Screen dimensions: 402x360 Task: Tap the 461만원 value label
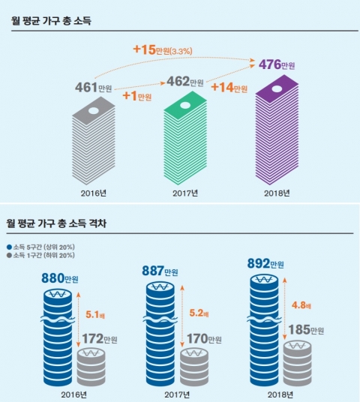click(x=93, y=88)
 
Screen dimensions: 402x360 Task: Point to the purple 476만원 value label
click(x=277, y=65)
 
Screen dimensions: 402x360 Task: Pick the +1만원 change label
click(x=137, y=97)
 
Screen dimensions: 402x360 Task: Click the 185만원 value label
click(x=305, y=330)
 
